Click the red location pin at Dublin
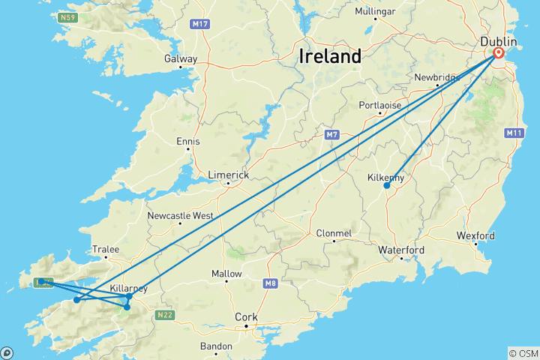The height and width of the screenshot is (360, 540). coord(499,53)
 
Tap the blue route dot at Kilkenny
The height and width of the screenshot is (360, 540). coord(386,185)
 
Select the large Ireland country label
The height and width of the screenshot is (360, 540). coord(330,56)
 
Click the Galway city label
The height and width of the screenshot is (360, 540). coord(182,59)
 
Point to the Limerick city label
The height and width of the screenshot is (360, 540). coord(229,174)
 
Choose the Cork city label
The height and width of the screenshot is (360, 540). coord(246,317)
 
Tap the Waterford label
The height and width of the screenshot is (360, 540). coord(401,250)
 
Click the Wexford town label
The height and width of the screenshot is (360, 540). coord(475,235)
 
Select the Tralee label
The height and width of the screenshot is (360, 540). coord(106,249)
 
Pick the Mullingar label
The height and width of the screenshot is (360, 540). coord(375,12)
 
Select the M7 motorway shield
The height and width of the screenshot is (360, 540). coord(332,135)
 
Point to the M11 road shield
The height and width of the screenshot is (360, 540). coord(514,133)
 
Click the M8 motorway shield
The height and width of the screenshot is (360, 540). coord(271,283)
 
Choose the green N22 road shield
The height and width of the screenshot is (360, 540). coord(165,315)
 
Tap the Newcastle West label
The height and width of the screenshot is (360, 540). coord(180,215)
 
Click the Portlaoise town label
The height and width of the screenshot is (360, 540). coord(380,105)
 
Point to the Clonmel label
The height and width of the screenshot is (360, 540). coord(334,233)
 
